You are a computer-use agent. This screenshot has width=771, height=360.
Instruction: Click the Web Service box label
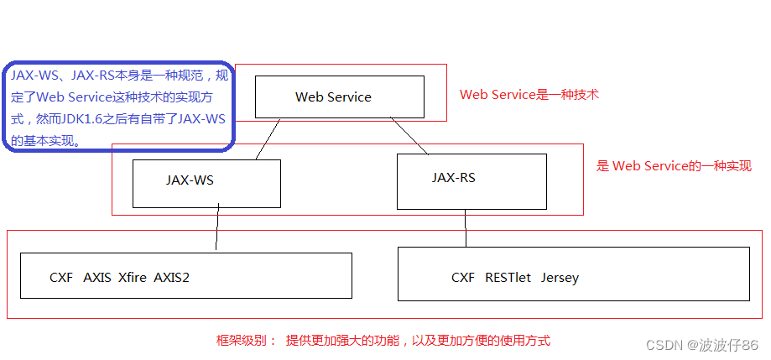coord(333,97)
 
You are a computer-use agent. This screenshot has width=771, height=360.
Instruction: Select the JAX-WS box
coord(206,184)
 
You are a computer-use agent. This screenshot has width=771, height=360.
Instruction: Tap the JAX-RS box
coord(471,181)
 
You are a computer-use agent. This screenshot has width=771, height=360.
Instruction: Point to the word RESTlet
coord(508,278)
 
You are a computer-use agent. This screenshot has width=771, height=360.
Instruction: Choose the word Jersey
coord(560,278)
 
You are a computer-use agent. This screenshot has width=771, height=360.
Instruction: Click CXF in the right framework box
coord(463,278)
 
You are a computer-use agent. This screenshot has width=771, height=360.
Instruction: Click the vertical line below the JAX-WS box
coord(217,228)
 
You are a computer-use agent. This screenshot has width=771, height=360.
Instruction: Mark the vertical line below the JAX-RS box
coord(466,227)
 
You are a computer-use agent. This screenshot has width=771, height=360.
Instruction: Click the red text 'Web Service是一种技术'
coord(529,95)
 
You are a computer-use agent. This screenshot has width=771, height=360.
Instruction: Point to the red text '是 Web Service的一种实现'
coord(674,166)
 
